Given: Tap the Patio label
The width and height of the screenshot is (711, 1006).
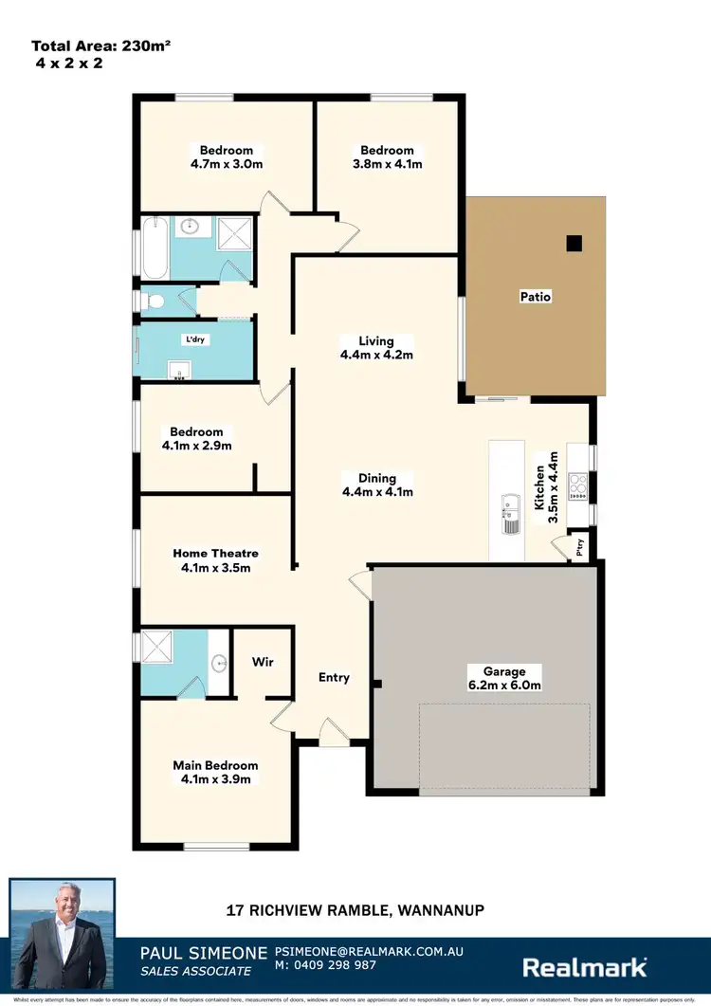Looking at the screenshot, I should (x=535, y=297).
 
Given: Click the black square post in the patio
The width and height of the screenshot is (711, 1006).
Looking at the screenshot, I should (x=573, y=244).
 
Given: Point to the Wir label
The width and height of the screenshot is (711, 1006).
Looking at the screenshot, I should (x=263, y=662).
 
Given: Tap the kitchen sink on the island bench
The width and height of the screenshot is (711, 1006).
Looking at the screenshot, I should (x=510, y=513).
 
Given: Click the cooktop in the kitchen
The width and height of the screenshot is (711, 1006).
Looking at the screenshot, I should (x=576, y=486).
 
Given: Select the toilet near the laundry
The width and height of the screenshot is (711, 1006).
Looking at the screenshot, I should (x=152, y=301).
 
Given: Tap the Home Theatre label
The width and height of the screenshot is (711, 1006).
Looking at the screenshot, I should (x=215, y=553).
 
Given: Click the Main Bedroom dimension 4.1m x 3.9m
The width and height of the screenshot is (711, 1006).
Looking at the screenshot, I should (x=215, y=779).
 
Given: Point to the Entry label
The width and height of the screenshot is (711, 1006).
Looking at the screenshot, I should (x=334, y=677).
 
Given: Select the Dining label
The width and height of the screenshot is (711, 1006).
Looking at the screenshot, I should (x=377, y=478).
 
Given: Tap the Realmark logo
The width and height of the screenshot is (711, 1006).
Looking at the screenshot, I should (x=586, y=966).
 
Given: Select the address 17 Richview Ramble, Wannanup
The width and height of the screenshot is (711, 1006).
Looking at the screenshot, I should (x=355, y=910).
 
